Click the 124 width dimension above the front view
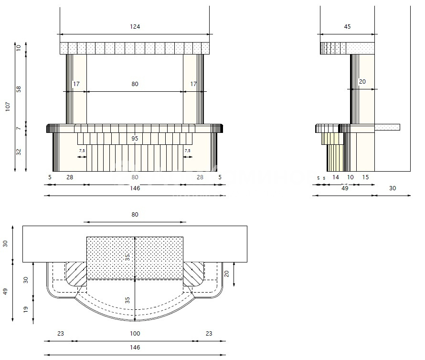point(135,27)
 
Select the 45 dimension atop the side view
point(347,27)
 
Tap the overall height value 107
point(8,106)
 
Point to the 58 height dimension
point(19,89)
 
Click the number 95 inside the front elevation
point(135,139)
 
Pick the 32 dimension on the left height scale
point(19,152)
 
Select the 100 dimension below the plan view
point(135,333)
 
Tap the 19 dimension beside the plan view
point(26,309)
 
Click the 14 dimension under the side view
point(336,177)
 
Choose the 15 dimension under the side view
point(365,177)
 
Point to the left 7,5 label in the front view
point(82,151)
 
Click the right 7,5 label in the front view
point(188,151)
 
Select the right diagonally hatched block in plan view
point(193,273)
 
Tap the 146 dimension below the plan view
point(135,348)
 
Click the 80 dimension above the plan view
point(135,215)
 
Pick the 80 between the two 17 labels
point(135,84)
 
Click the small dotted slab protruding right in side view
point(387,127)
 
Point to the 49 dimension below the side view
point(344,188)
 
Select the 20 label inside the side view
point(362,82)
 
